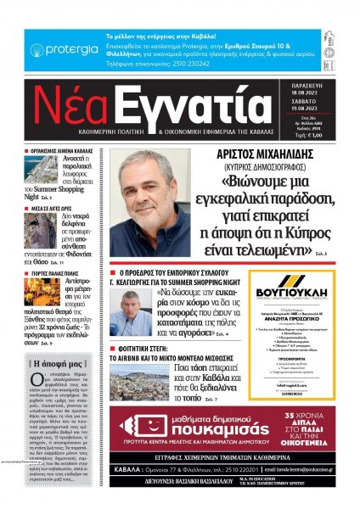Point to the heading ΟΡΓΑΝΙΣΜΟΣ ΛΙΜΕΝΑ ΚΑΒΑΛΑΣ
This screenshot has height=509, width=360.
[x=62, y=150]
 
